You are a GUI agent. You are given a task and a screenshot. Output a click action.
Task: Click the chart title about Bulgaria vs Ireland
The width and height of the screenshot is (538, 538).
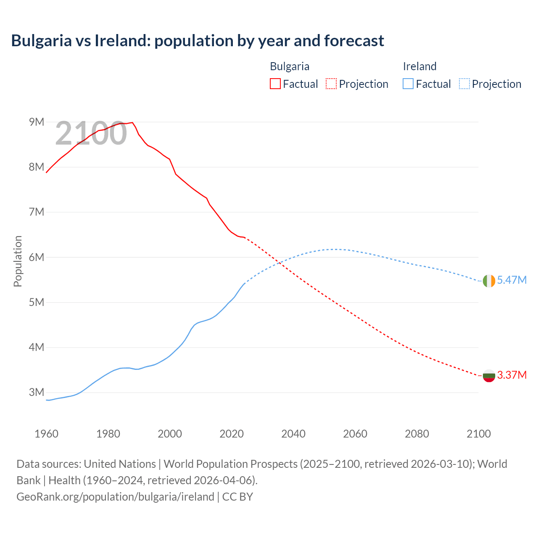click(x=198, y=41)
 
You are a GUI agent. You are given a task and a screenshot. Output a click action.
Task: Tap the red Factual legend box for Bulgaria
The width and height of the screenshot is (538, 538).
click(x=275, y=84)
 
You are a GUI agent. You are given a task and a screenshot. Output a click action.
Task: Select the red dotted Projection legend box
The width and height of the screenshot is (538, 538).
click(x=331, y=84)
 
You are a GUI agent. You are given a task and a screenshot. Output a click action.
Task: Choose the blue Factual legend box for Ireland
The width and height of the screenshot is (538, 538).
click(x=408, y=84)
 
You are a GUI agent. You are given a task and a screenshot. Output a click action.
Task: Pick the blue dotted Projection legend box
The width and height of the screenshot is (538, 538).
click(x=464, y=84)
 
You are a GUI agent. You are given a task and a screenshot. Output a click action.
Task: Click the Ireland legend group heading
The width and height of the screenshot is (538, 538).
click(x=419, y=66)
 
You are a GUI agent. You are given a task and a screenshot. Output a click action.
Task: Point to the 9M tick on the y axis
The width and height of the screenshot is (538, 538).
click(x=37, y=122)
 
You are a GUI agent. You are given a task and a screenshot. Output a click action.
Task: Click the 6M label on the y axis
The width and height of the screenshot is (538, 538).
click(x=37, y=257)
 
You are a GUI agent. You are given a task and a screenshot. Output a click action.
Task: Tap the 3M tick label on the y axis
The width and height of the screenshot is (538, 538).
click(x=37, y=393)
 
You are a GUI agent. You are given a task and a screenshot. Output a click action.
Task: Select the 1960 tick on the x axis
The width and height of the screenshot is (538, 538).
click(x=46, y=434)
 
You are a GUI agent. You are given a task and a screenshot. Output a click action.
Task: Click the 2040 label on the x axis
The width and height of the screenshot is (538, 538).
click(x=293, y=434)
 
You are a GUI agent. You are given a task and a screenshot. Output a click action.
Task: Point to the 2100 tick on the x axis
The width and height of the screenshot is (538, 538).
click(x=479, y=434)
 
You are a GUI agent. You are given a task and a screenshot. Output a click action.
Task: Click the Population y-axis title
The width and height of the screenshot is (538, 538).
click(x=18, y=261)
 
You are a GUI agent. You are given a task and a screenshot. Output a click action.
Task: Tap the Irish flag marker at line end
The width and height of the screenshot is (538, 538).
click(x=489, y=281)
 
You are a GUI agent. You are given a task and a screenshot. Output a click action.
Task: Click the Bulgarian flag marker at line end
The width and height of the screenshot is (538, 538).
click(x=489, y=375)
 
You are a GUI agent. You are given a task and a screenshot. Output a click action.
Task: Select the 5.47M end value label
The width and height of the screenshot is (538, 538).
click(x=512, y=280)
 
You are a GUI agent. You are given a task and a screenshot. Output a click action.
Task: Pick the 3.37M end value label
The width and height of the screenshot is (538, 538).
click(x=512, y=375)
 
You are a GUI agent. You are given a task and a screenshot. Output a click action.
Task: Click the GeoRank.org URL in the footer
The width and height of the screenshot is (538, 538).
click(x=115, y=497)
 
